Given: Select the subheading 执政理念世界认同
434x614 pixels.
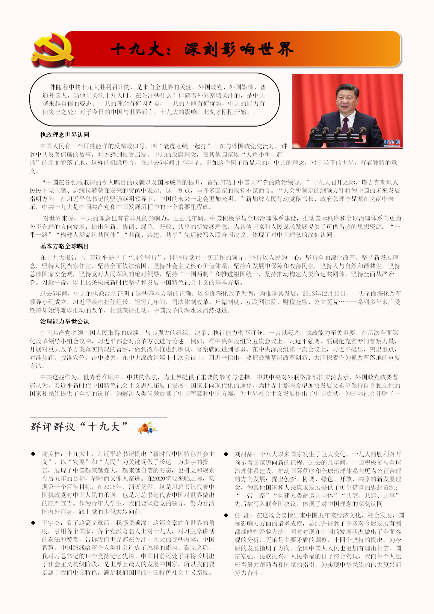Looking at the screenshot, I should (x=65, y=135).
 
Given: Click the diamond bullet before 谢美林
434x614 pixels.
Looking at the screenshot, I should (x=33, y=454).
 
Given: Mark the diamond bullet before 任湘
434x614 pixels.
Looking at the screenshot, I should (x=226, y=515).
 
